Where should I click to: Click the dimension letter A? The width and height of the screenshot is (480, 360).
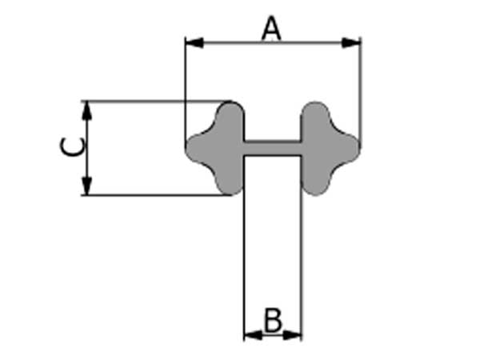[271, 29]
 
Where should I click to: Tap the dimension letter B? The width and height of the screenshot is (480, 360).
[273, 321]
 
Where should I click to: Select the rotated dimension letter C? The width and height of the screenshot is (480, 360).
[72, 147]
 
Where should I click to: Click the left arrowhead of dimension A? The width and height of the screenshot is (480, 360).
[194, 43]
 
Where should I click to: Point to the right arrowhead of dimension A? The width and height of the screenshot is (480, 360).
[351, 43]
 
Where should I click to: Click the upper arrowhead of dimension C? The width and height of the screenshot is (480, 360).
[87, 110]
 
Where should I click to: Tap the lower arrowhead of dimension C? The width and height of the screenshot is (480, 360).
[87, 186]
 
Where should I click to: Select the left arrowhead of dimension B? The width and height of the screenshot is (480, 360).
[253, 335]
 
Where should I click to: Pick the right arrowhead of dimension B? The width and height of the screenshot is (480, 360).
[292, 335]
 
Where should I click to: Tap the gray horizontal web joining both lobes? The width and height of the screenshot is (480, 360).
[272, 149]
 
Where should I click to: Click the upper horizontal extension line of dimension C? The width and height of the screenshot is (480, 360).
[156, 101]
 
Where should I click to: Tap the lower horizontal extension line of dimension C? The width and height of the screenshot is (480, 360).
[156, 194]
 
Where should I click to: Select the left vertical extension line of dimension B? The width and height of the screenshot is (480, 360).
[244, 248]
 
